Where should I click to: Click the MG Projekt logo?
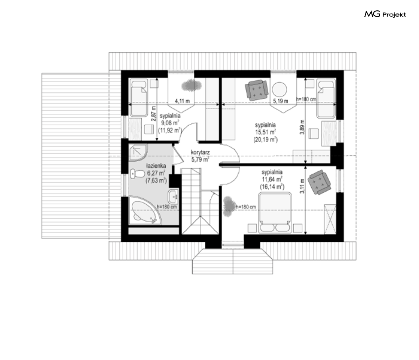point(385,14)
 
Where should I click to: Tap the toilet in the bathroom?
point(137,174)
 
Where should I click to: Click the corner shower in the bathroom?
point(138,152)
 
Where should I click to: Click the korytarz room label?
point(200,152)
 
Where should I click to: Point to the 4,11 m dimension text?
point(182,101)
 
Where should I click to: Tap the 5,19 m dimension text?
point(281,101)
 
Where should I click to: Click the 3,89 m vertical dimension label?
point(302,127)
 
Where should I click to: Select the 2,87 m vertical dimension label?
point(153,114)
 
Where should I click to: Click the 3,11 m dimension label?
point(302,186)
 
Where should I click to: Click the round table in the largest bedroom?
point(279,89)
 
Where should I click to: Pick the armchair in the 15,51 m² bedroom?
point(257,90)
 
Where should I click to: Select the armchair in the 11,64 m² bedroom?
point(319,182)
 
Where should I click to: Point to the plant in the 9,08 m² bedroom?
point(191,85)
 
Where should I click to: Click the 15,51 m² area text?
point(265,132)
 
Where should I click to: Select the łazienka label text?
point(156,166)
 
